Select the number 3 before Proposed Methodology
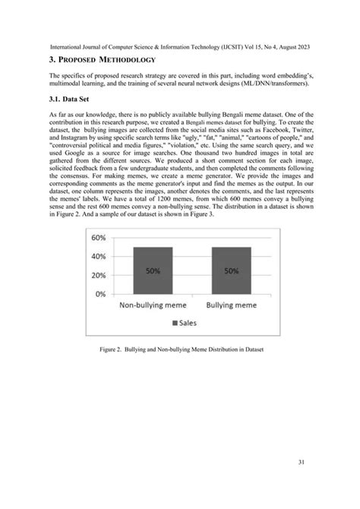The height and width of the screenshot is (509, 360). coord(51,58)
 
